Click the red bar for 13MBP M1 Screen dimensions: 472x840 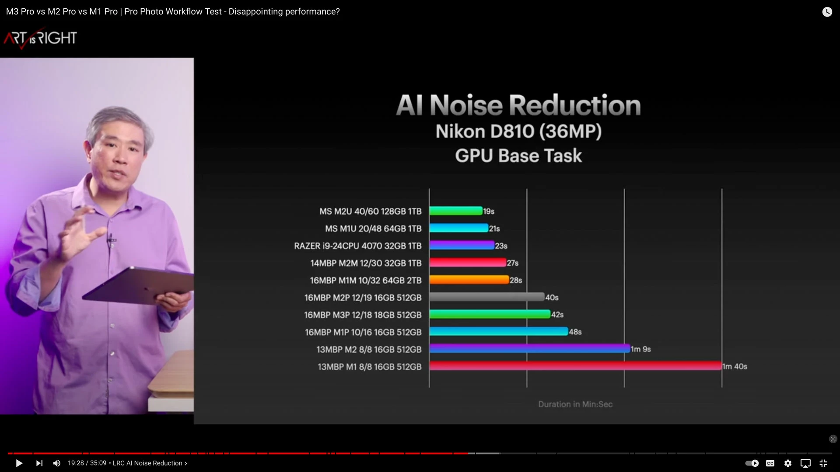point(575,366)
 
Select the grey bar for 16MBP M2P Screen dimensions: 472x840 point(486,297)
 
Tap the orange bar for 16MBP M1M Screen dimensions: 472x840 point(469,280)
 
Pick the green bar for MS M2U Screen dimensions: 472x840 point(455,211)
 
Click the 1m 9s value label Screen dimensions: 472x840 point(640,349)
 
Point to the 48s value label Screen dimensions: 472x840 point(575,332)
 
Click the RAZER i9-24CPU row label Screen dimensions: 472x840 point(357,246)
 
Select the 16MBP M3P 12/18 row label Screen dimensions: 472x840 point(363,315)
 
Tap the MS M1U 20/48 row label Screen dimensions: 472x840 point(373,229)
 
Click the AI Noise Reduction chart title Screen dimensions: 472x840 point(518,105)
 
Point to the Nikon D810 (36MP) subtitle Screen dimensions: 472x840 point(518,132)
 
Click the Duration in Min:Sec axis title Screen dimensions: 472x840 point(575,405)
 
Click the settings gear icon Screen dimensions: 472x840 point(787,463)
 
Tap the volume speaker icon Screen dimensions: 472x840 point(57,463)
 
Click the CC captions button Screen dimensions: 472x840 point(770,463)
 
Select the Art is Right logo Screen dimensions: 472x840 point(40,38)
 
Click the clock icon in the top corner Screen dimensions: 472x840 point(826,12)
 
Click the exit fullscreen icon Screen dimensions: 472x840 point(823,463)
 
